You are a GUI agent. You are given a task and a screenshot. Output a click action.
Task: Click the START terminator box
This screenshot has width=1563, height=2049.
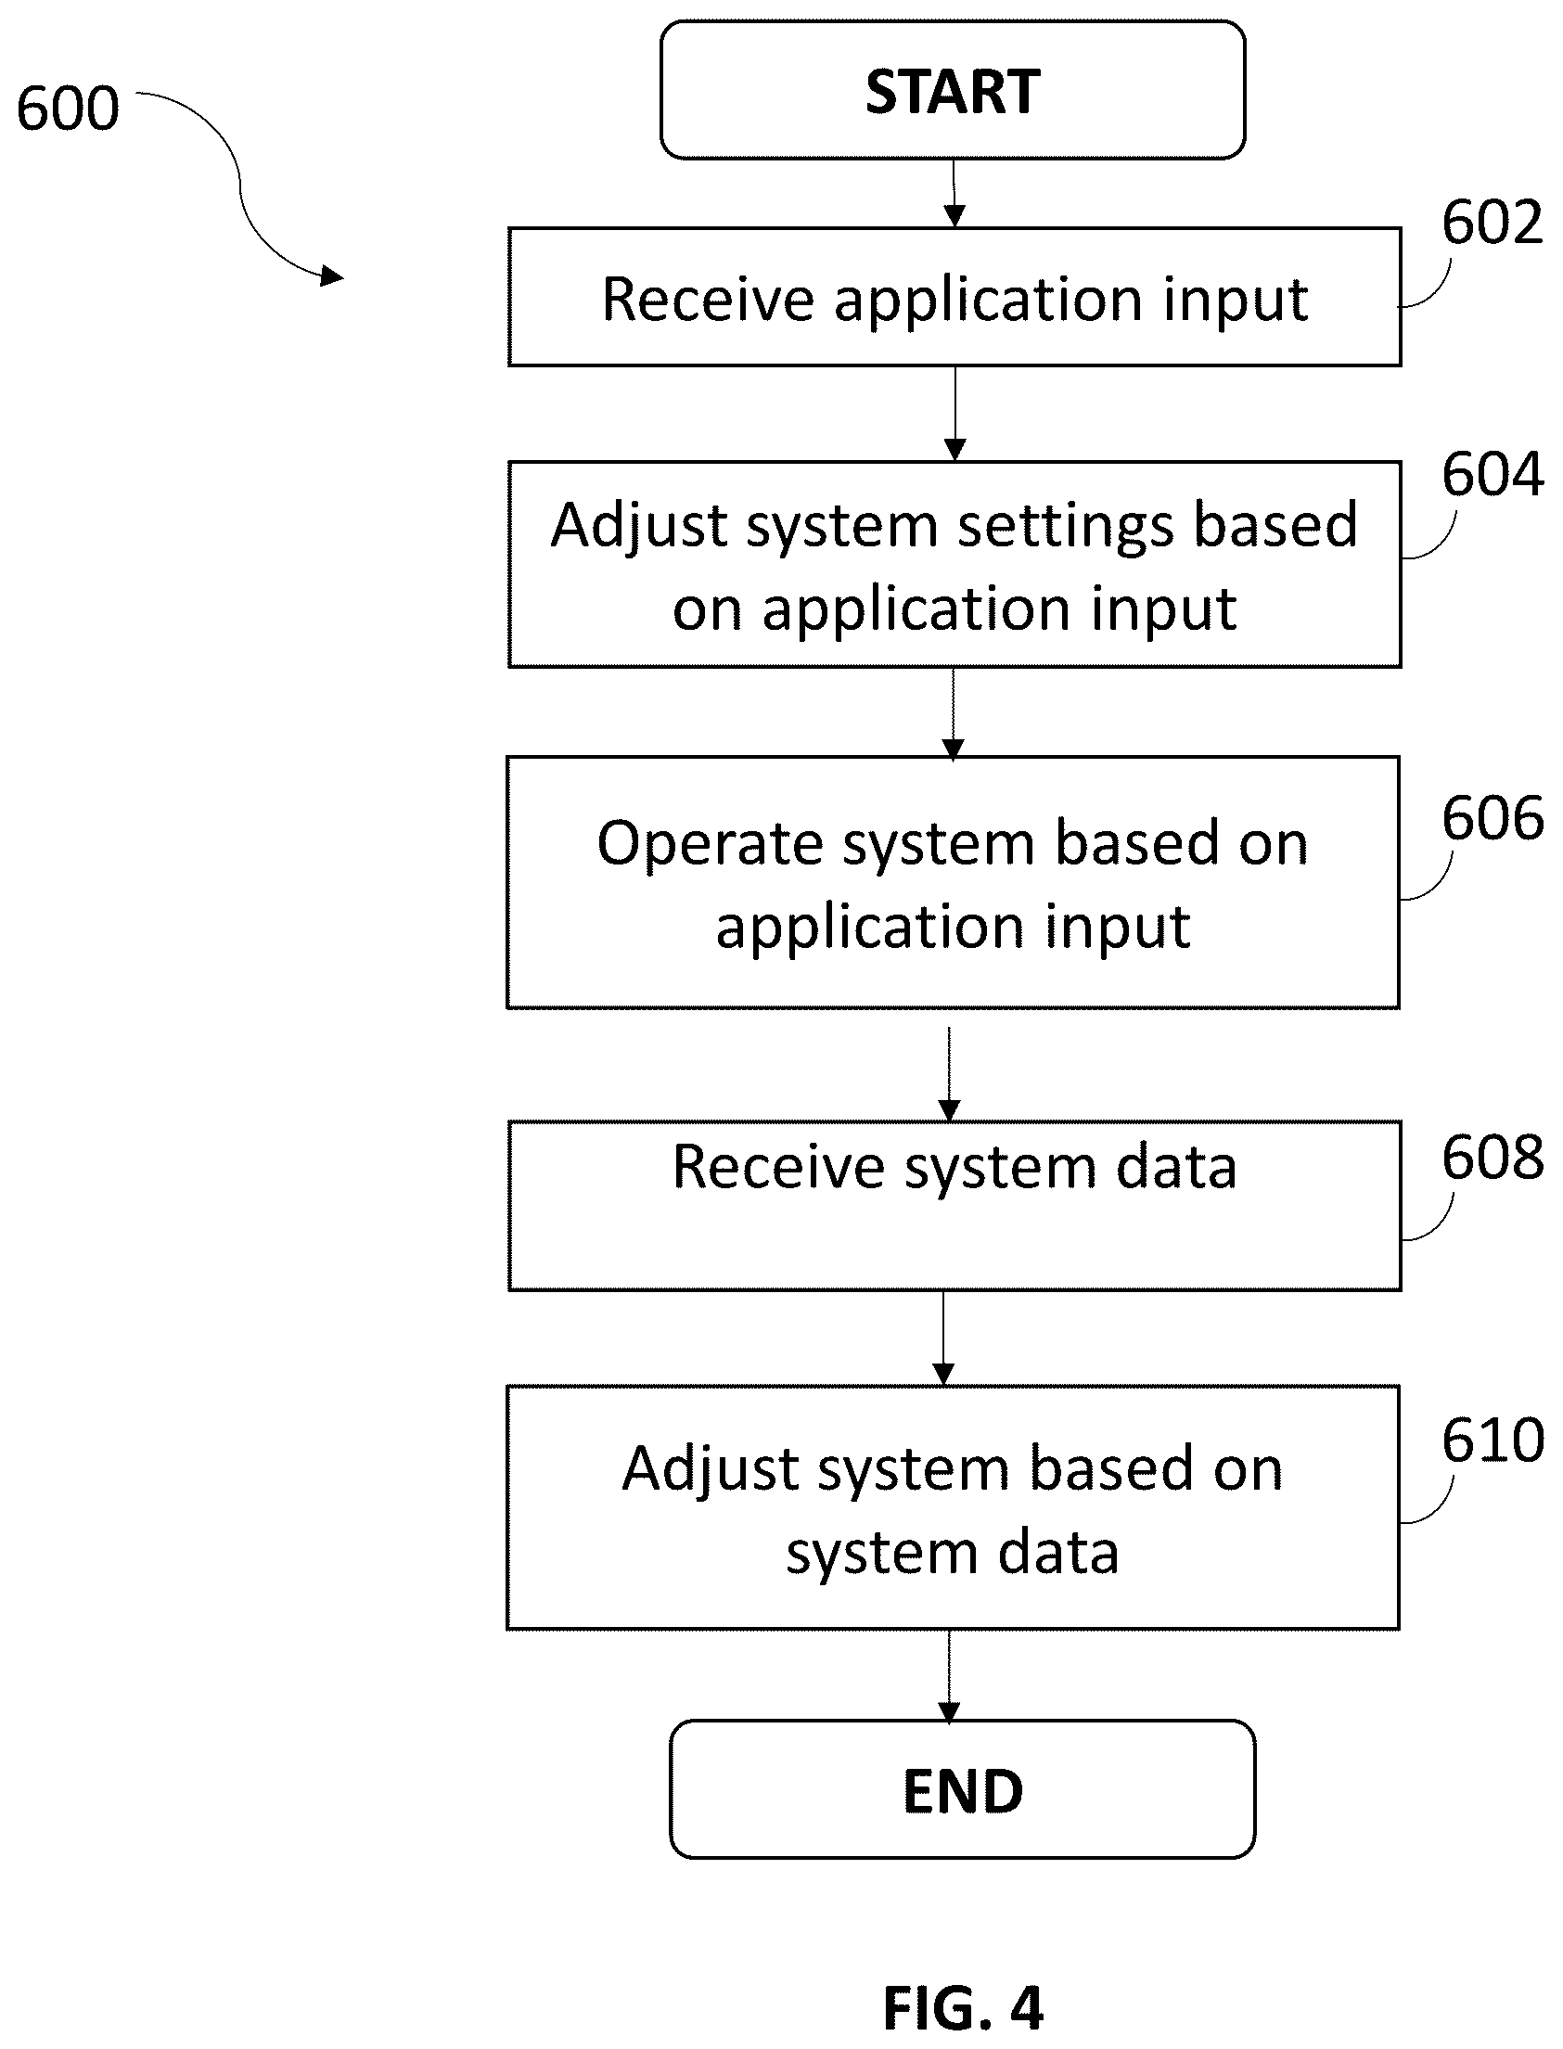(953, 90)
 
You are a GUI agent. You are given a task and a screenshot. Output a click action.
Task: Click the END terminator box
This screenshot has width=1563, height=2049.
(962, 1790)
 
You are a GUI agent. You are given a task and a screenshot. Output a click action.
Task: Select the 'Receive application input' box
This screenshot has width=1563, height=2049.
(954, 298)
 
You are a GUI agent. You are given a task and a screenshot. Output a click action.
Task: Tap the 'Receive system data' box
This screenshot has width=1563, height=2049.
(954, 1206)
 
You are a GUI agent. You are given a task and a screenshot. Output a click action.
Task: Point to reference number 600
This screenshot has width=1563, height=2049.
(68, 108)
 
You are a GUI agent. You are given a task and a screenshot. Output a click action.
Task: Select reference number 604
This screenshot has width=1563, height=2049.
(1492, 474)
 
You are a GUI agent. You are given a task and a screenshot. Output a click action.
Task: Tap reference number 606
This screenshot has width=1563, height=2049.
(1492, 818)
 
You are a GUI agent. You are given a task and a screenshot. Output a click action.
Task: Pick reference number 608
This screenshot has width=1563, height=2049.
(1492, 1158)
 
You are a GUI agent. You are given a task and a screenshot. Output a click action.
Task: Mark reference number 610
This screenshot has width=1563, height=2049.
(1492, 1441)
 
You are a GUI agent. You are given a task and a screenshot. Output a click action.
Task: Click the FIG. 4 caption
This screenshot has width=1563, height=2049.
(963, 2008)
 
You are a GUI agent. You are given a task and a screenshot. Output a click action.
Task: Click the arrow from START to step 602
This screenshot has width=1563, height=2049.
(954, 194)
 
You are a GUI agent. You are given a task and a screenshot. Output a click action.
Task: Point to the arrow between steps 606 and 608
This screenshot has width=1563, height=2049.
(949, 1074)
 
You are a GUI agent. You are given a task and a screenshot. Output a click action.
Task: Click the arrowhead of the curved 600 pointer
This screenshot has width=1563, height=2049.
(332, 275)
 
